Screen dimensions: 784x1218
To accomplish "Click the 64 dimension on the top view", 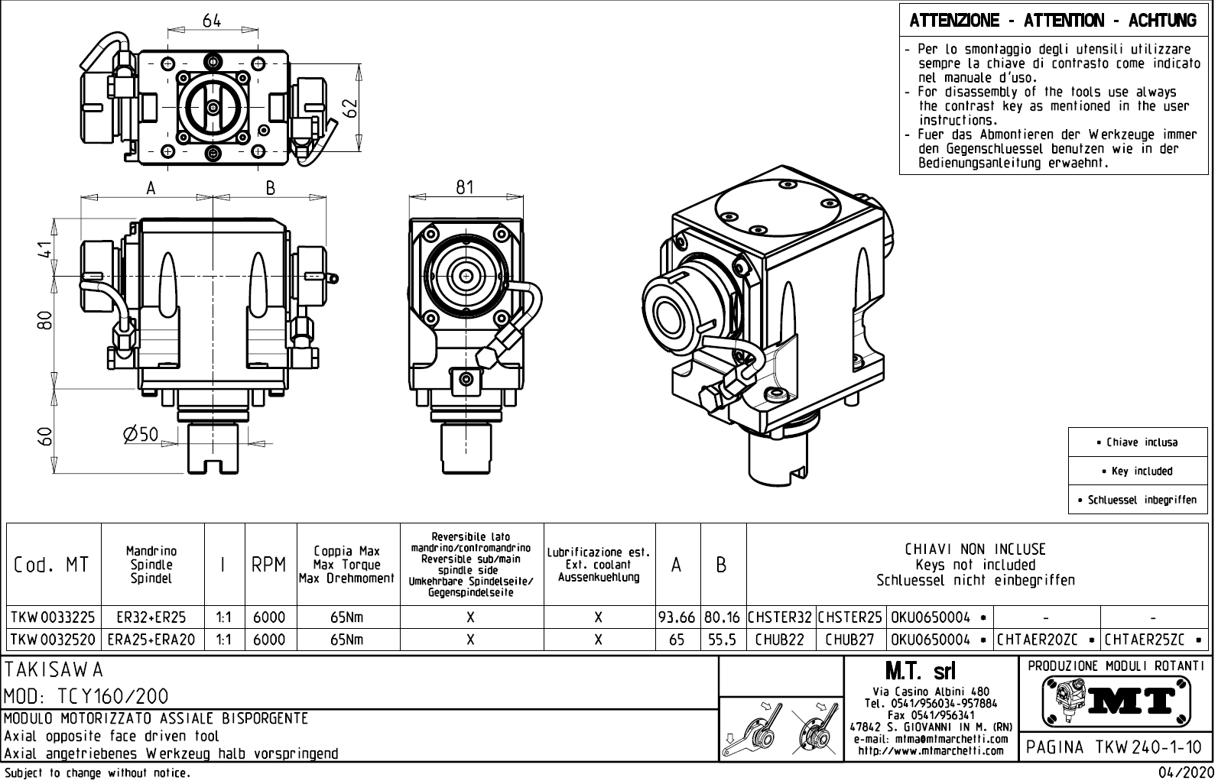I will point(212,21).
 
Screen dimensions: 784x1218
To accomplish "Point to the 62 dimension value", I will point(350,108).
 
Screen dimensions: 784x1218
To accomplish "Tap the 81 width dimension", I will point(465,186).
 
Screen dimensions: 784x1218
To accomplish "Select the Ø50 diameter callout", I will point(140,435).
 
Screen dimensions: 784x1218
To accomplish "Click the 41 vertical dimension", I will point(46,250).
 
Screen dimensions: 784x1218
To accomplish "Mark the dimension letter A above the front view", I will point(151,188).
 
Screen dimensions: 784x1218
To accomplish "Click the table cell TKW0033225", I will point(54,617).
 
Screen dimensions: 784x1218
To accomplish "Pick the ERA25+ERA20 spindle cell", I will point(152,640).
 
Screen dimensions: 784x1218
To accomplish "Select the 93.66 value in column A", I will point(677,617).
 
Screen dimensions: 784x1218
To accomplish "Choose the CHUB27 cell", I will point(849,640).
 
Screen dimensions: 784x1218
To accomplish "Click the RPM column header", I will point(269,565).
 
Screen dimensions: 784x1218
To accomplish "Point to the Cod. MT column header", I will point(51,565).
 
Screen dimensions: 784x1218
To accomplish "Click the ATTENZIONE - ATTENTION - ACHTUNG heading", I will point(1053,21).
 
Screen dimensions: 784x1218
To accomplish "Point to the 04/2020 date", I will point(1187,773).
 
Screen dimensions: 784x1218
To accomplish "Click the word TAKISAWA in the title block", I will point(54,670).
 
